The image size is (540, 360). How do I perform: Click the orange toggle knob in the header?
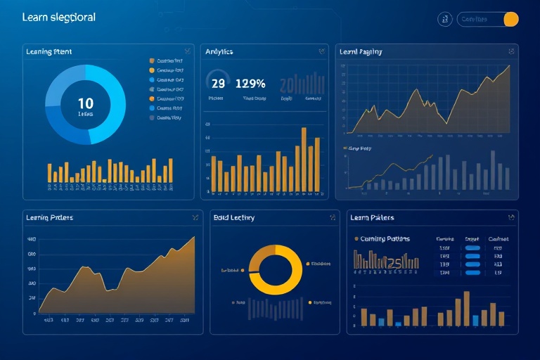511,19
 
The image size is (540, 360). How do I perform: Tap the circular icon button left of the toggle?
444,19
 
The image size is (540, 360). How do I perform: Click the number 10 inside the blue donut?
85,103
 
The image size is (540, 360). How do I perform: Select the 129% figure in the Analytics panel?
250,83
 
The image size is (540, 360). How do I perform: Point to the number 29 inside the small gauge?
218,83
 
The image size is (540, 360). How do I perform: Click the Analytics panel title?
219,51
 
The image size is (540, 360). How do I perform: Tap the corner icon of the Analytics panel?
321,51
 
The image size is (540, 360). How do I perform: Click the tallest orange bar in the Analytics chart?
304,160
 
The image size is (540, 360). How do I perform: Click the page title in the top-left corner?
59,17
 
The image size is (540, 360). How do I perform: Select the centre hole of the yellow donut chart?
275,269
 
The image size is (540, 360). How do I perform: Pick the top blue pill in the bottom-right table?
472,247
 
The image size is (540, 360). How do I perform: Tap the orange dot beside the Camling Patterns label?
356,239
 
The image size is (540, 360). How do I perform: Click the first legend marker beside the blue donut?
151,61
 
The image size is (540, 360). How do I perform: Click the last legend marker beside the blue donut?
151,118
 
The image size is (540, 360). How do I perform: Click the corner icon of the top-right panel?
510,51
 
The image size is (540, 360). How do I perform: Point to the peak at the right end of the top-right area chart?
508,67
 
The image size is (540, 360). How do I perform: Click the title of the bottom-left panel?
49,218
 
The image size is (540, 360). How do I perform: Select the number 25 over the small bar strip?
394,263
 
